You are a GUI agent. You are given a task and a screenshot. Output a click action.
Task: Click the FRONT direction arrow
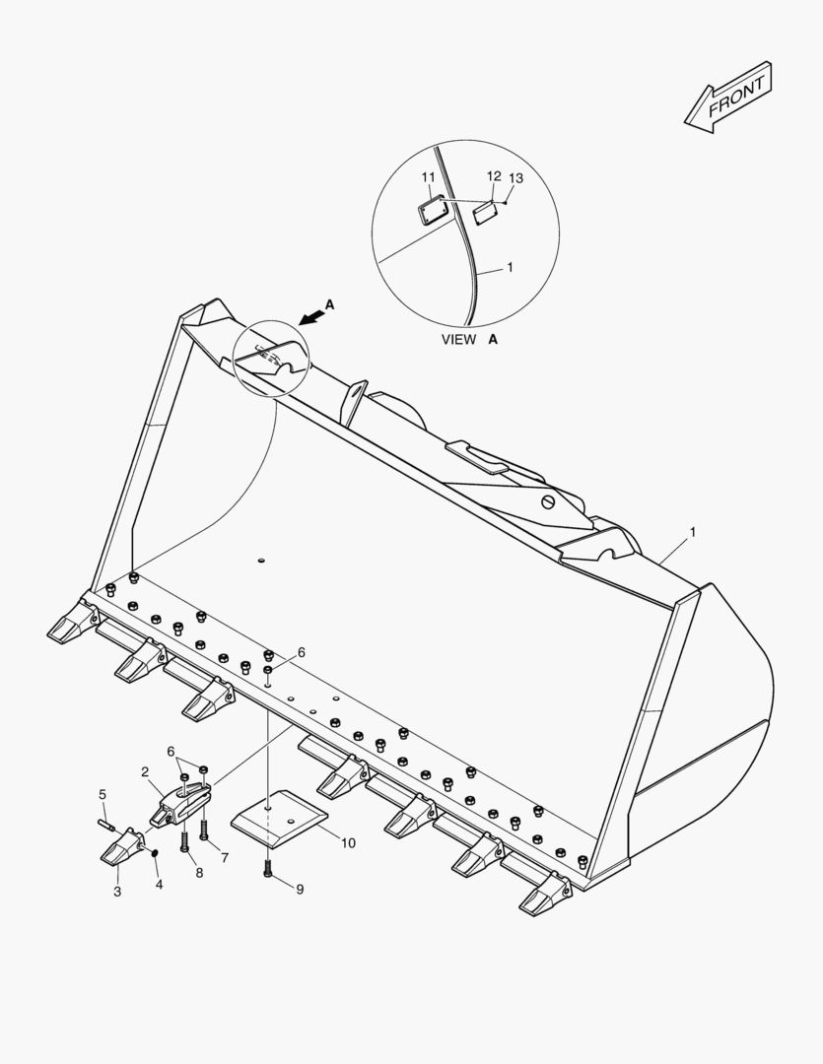tap(727, 98)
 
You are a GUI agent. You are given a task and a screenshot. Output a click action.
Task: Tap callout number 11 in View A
tap(428, 177)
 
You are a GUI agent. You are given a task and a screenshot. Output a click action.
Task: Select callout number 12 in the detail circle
tap(494, 176)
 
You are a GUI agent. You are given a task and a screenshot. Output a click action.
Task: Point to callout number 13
tap(516, 178)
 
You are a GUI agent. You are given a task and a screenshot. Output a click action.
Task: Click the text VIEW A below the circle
tap(469, 339)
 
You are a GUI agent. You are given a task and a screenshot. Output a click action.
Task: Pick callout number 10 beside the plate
tap(348, 842)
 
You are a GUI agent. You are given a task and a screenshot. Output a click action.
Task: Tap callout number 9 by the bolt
tap(300, 889)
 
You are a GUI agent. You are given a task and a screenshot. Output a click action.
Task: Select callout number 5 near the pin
tap(103, 794)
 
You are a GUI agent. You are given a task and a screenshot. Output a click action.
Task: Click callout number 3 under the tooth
tap(117, 892)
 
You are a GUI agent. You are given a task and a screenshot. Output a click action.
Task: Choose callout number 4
tap(159, 884)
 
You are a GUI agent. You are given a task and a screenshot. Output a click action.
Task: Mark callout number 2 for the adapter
tap(145, 771)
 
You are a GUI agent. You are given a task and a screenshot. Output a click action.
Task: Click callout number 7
tap(225, 858)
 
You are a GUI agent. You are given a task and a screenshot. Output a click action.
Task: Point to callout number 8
tap(199, 873)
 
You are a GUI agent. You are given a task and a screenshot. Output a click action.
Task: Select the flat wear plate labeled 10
tap(279, 818)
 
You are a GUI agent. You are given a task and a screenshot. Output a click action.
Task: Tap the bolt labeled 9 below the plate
tap(267, 869)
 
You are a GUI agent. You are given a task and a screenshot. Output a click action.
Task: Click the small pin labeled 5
tap(108, 826)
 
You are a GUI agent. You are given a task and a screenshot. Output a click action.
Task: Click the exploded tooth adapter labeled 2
tap(181, 804)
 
